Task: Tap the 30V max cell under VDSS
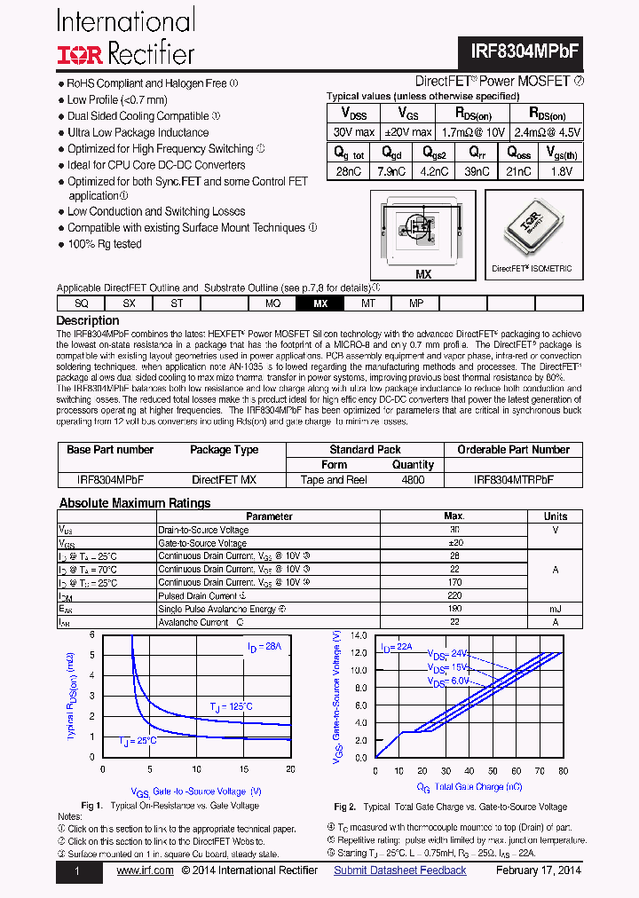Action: (x=353, y=132)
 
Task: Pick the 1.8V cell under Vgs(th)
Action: (x=562, y=172)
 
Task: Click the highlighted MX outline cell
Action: (x=320, y=303)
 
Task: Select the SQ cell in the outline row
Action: (x=81, y=303)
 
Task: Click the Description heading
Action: (x=87, y=320)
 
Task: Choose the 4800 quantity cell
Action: (x=413, y=480)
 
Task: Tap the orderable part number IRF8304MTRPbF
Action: (x=513, y=480)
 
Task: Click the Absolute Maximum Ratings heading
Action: (x=134, y=503)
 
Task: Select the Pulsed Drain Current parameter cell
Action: (x=199, y=596)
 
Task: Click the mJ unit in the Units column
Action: (x=556, y=610)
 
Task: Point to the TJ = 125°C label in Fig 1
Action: (x=231, y=706)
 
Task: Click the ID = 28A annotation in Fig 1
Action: (x=264, y=649)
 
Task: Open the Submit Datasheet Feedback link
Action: (x=399, y=870)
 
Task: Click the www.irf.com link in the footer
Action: (x=145, y=870)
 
